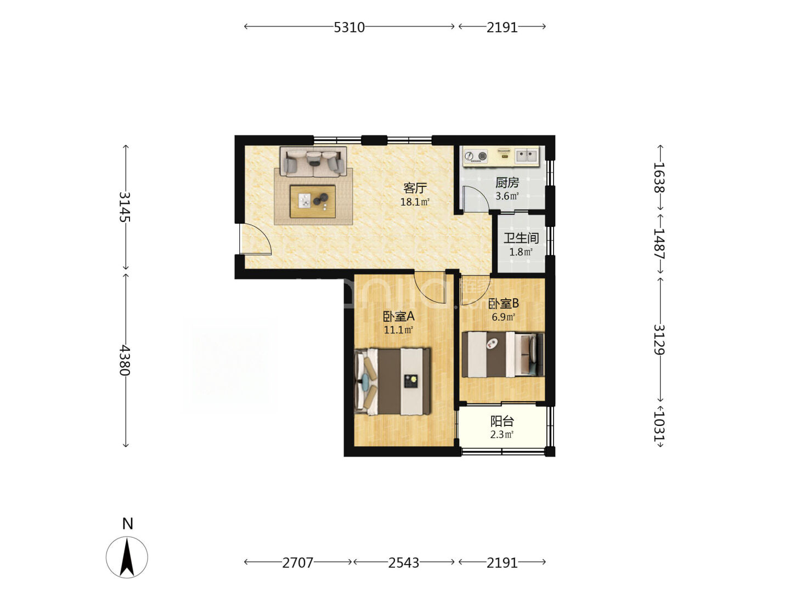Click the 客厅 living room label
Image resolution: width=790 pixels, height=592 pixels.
(x=415, y=188)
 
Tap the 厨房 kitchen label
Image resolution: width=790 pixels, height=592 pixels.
(x=507, y=183)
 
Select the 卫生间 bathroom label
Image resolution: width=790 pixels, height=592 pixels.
(x=521, y=238)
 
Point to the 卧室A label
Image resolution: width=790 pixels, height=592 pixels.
(x=398, y=316)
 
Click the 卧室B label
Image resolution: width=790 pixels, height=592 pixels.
(x=503, y=304)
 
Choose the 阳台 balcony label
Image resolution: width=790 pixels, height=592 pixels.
(x=502, y=421)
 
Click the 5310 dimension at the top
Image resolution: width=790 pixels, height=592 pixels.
(x=349, y=27)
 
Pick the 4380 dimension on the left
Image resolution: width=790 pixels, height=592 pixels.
(x=125, y=360)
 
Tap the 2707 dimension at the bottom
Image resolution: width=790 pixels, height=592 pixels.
(x=298, y=562)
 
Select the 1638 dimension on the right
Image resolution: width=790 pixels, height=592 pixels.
(x=659, y=178)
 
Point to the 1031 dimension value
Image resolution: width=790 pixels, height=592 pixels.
(x=659, y=426)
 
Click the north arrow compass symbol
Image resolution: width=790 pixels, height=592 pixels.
(x=127, y=557)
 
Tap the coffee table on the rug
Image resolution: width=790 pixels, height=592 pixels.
(x=312, y=201)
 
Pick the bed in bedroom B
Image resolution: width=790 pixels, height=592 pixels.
(x=503, y=355)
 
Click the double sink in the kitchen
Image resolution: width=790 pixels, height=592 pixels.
(x=527, y=156)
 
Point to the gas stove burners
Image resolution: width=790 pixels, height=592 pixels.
(x=476, y=156)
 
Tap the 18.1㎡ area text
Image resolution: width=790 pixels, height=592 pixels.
(x=415, y=202)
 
